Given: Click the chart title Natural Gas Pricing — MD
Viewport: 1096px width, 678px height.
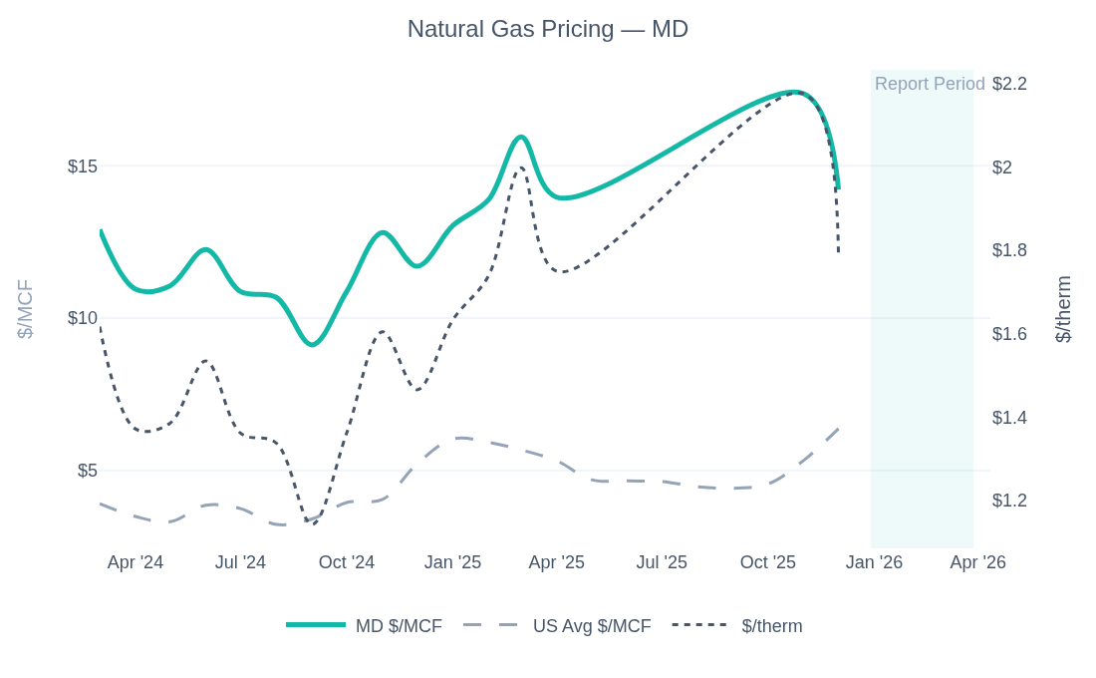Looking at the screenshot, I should (547, 29).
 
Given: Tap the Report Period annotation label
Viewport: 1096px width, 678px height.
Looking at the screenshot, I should (929, 84).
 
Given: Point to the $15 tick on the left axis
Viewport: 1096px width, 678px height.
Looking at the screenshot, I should (82, 167).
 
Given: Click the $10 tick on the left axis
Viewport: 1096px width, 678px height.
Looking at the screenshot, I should (82, 318).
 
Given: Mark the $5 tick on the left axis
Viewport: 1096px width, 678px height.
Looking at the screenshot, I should (87, 471).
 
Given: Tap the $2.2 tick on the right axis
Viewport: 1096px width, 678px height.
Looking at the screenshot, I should (1009, 84).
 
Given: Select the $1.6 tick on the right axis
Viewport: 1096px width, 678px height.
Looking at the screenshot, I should (1009, 334).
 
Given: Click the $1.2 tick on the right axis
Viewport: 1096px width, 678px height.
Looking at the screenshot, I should (1009, 501).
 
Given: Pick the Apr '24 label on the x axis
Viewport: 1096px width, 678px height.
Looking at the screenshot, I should (136, 562).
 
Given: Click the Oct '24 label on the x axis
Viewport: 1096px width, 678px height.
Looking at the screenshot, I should (347, 562).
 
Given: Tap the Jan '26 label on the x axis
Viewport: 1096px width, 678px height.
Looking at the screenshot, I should (874, 562).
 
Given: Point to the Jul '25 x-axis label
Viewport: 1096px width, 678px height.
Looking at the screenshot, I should (662, 562).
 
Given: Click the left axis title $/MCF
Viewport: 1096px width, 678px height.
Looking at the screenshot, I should (25, 309).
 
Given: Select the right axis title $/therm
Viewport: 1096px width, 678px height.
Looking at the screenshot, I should (1063, 309).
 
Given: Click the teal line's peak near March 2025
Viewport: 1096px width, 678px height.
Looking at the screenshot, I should (520, 138).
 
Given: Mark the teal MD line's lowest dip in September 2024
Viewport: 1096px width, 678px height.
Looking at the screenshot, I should (313, 344).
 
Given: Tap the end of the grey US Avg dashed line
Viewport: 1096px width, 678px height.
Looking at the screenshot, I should (839, 429).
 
